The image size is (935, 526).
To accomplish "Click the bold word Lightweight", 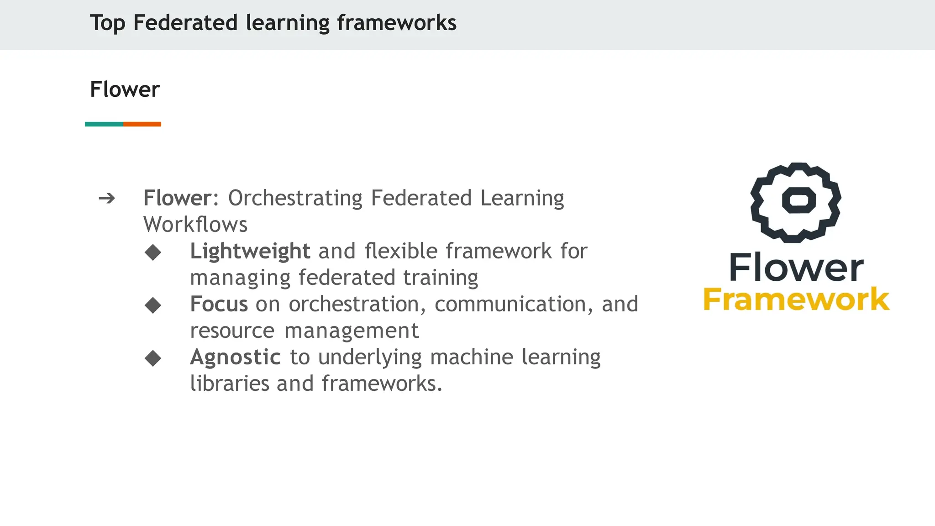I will pos(250,252).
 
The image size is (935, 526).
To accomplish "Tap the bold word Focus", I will pos(219,304).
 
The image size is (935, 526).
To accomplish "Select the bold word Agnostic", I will pos(235,357).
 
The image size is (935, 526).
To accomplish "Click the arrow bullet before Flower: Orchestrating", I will pos(107,198).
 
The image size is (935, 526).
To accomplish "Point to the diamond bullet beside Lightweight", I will pos(153,252).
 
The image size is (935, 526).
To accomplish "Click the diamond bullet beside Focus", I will pos(153,305).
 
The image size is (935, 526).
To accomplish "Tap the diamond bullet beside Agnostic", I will pos(153,358).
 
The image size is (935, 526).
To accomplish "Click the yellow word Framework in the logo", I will pos(796,300).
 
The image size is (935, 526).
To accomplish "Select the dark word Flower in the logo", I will pos(796,268).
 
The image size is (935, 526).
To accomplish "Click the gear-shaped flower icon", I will pos(796,202).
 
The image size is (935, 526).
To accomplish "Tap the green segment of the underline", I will pos(104,124).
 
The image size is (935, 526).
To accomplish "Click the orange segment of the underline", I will pos(142,124).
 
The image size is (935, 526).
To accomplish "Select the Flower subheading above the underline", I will pos(125,89).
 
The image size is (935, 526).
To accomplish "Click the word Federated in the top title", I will pos(185,23).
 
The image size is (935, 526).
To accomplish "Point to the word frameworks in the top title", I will pos(396,23).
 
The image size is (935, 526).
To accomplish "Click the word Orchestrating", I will pos(295,198).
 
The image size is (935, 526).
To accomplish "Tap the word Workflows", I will pos(195,225).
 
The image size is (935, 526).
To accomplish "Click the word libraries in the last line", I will pos(229,384).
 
